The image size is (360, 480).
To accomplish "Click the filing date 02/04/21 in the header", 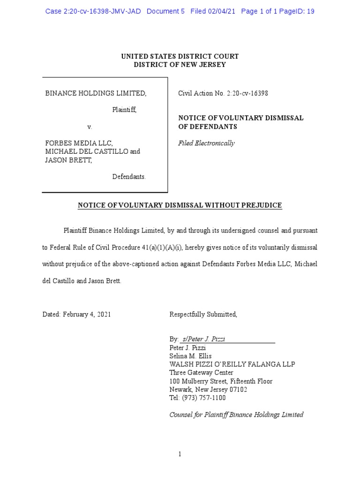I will tap(223, 11).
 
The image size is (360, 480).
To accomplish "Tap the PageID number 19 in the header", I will tap(310, 11).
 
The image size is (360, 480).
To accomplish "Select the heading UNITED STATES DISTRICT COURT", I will tap(180, 56).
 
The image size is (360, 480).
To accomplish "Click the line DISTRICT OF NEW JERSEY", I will tap(180, 65).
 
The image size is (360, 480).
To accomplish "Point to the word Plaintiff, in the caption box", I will tap(124, 110).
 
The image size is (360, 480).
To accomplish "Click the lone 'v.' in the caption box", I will tap(90, 127).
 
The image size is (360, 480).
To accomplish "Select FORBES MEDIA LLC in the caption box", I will tap(79, 143).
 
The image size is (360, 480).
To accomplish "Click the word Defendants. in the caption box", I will tap(129, 177).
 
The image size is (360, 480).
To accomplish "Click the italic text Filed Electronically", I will tap(206, 143).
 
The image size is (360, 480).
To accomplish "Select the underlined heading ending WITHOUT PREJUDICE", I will tap(180, 205).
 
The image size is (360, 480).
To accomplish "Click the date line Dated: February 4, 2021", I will tap(76, 315).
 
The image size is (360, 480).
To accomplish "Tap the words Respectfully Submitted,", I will tap(203, 315).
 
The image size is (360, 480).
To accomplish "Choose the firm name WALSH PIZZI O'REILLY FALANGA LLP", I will tap(232, 365).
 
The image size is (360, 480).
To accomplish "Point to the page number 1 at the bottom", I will tap(180, 454).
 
